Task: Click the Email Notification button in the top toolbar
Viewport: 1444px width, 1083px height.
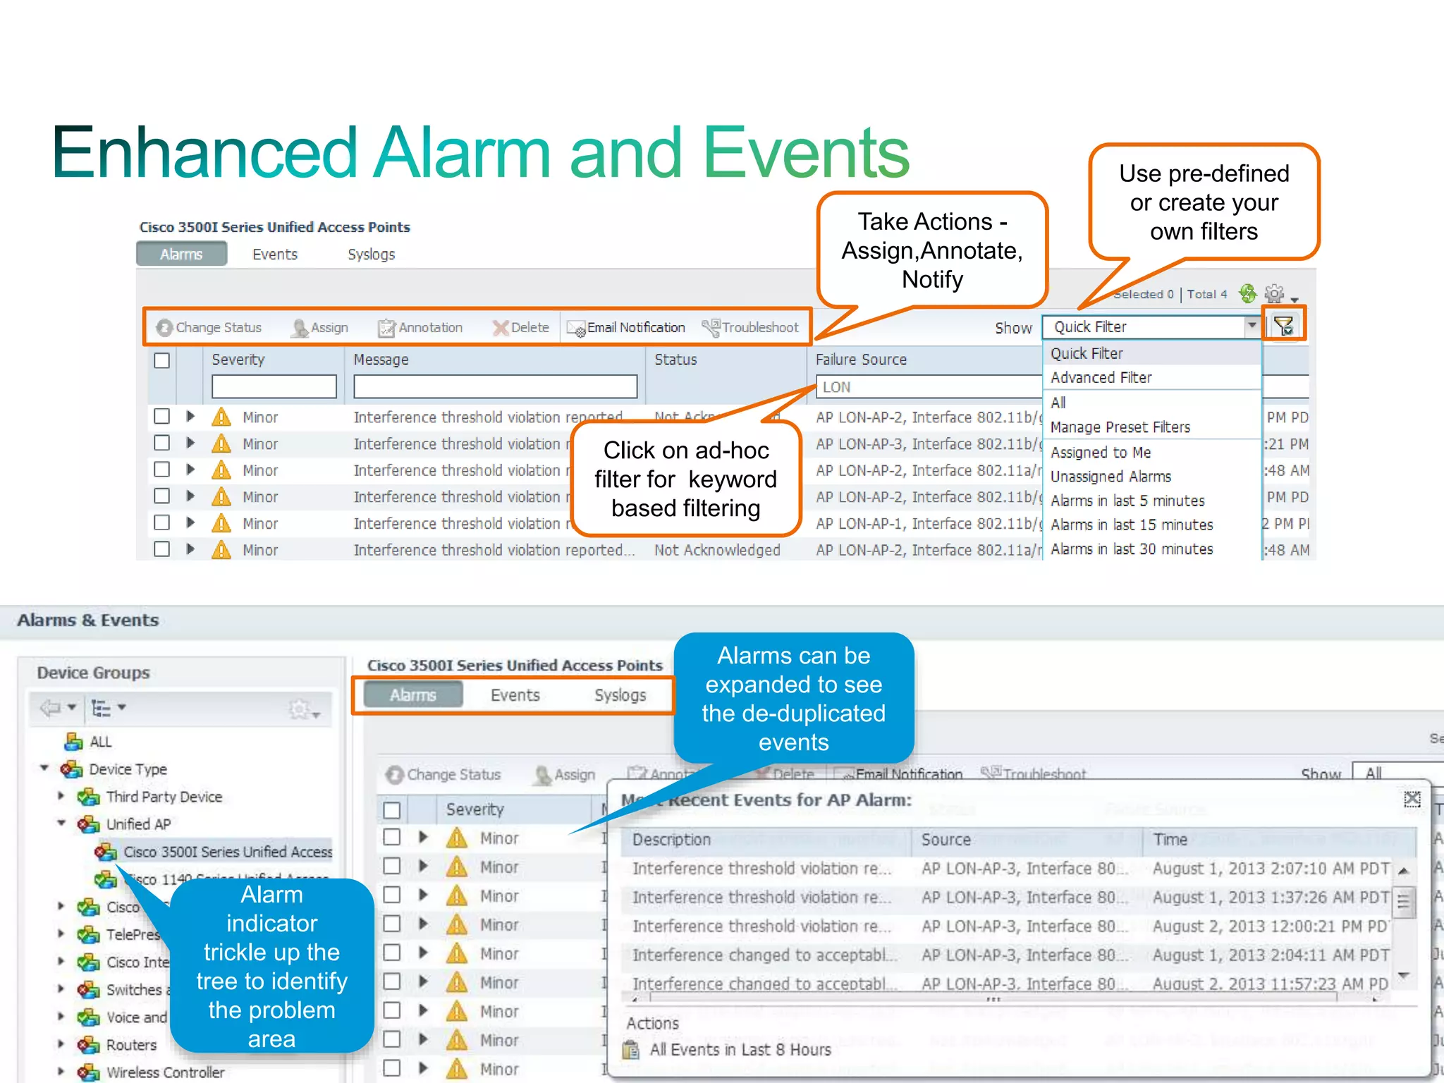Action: pos(627,328)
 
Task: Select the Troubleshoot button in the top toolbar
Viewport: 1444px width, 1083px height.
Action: pos(751,328)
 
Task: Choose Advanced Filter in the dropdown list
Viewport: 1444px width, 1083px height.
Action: pos(1101,378)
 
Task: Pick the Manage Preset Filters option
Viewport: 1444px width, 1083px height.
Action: pos(1120,427)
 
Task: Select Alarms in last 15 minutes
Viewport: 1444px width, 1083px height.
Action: pos(1131,525)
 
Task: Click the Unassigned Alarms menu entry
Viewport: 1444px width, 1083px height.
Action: pos(1110,477)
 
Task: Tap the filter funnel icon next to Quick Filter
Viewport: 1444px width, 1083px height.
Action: pos(1283,326)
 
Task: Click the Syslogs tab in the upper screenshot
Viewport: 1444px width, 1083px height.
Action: pos(371,255)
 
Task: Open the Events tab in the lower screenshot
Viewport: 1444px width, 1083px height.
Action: pos(515,695)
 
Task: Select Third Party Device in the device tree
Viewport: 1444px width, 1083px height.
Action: pos(164,797)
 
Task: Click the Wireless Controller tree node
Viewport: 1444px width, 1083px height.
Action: pos(164,1072)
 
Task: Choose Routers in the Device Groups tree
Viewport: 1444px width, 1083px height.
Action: pos(131,1045)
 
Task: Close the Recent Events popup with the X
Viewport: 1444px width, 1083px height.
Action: pos(1412,798)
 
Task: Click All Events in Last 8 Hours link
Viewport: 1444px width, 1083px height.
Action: pos(740,1050)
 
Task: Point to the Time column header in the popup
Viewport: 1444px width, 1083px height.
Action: pos(1170,840)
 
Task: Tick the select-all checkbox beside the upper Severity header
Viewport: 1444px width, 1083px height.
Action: pos(162,360)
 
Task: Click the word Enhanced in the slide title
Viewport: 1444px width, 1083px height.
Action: pos(204,152)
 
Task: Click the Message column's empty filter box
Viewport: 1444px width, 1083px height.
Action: pos(495,387)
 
